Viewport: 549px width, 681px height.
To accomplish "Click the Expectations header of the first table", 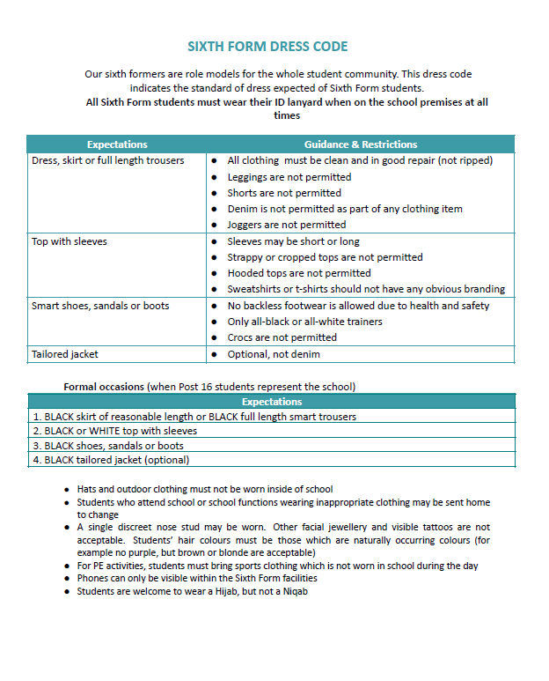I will tap(117, 144).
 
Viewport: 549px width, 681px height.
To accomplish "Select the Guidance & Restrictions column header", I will tap(361, 144).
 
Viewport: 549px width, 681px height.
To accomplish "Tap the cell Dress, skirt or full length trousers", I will tap(108, 161).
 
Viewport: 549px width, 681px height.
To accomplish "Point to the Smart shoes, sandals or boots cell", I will tap(100, 306).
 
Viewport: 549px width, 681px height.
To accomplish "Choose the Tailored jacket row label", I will tap(65, 354).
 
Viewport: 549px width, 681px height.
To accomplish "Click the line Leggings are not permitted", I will tap(289, 177).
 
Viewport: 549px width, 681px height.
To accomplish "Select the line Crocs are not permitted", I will tap(282, 337).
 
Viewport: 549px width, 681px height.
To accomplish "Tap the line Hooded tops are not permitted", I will tap(299, 273).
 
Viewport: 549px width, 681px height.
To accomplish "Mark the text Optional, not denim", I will tap(274, 354).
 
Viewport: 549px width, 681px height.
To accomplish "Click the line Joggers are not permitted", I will tap(287, 225).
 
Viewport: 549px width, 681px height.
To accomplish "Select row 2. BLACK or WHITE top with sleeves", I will tap(115, 431).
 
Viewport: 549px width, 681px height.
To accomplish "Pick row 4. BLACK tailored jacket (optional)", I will tap(111, 459).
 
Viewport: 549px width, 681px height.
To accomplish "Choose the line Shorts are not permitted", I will tap(284, 193).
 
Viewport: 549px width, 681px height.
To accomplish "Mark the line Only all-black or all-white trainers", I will tap(304, 322).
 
